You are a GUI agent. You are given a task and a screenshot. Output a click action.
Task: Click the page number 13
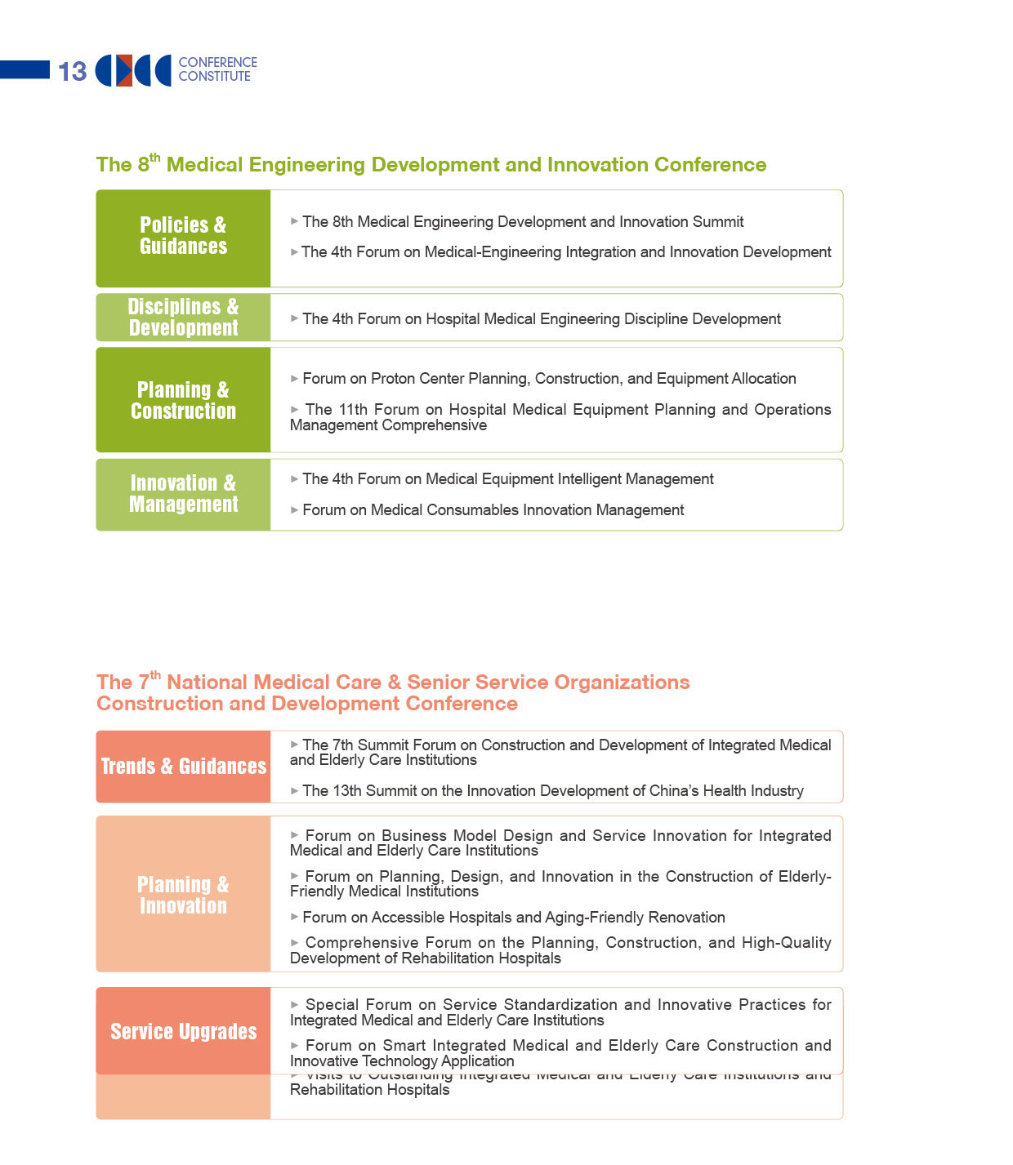coord(72,72)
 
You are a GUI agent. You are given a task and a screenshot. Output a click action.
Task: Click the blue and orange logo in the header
coord(133,71)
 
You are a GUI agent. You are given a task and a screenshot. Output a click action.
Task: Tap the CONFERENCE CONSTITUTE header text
coord(217,69)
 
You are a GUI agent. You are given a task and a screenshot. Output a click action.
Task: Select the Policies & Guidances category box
coord(183,238)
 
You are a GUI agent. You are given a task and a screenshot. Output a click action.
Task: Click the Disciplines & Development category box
coord(183,318)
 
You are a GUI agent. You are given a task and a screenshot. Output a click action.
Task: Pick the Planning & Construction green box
coord(183,400)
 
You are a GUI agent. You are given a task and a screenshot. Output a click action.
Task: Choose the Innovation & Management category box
coord(183,495)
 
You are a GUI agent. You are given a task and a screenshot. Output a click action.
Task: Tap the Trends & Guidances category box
coord(183,767)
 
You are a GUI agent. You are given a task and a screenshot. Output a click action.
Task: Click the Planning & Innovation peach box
coord(183,895)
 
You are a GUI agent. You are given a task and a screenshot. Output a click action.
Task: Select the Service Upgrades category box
coord(183,1031)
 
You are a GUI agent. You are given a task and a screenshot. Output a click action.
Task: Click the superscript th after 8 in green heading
coord(155,158)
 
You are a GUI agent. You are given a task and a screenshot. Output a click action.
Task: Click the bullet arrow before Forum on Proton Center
coord(294,379)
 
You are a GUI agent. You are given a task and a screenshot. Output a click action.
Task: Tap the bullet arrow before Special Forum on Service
coord(295,1005)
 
